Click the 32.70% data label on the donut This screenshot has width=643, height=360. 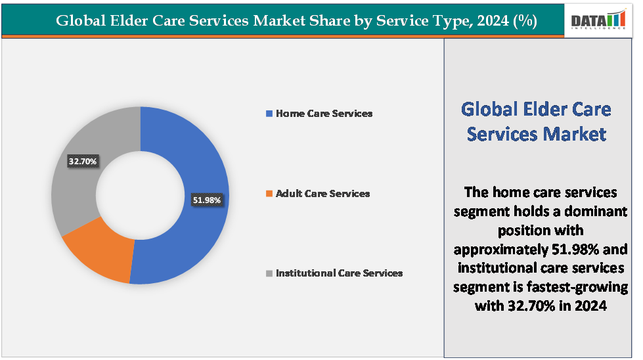tap(83, 160)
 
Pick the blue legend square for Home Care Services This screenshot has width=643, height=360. tap(269, 114)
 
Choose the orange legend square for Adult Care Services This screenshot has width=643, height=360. tap(269, 194)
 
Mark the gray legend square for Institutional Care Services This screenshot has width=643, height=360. tap(269, 273)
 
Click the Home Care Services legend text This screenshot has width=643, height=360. tap(324, 114)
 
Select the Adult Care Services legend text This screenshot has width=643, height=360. tap(322, 194)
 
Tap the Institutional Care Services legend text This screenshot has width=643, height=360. tap(339, 273)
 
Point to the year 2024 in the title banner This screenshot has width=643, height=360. tap(493, 21)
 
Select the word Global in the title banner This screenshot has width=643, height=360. tap(79, 21)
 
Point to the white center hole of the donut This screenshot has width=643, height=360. tap(141, 195)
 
